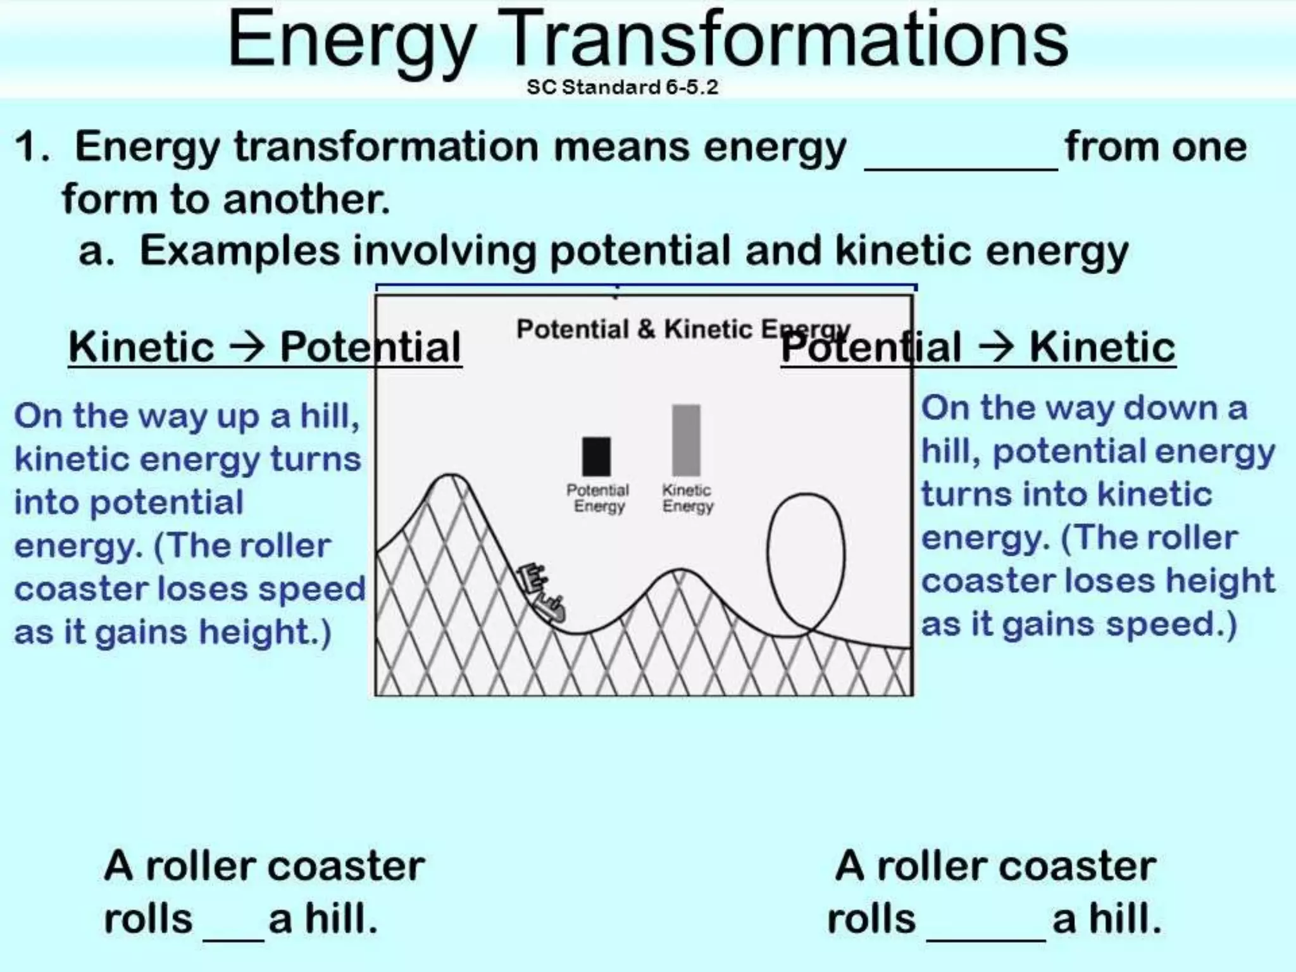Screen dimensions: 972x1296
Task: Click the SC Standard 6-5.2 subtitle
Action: coord(622,87)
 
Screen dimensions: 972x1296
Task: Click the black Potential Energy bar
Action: coord(596,456)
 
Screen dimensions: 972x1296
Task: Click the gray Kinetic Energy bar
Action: coord(686,440)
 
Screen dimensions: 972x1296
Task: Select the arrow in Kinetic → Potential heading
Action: coord(247,346)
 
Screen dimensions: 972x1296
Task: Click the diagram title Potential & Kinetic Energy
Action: coord(683,329)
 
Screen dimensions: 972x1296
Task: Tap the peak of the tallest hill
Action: coord(451,476)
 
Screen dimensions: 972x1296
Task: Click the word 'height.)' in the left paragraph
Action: coord(265,632)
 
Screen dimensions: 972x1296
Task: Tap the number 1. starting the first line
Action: coord(32,147)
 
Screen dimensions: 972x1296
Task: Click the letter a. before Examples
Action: coord(96,251)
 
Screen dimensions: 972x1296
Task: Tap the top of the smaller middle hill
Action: coord(680,571)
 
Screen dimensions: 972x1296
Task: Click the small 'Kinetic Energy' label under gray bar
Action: coord(687,498)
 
